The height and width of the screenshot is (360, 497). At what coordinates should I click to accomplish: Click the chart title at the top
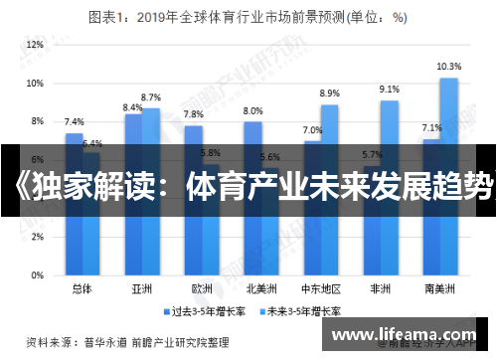tap(248, 16)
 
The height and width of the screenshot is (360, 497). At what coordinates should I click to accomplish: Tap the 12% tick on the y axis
tap(36, 45)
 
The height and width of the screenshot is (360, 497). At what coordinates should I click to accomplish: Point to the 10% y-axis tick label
tap(36, 84)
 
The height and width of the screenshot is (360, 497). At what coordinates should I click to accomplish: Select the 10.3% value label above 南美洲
tap(449, 66)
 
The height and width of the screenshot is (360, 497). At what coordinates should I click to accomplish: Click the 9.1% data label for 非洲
tap(390, 90)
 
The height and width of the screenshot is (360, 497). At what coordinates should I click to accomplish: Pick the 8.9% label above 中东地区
tap(330, 93)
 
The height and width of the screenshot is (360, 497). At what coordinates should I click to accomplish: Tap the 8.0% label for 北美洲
tap(252, 110)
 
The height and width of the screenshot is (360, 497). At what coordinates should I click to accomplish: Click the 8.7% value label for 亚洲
tap(151, 97)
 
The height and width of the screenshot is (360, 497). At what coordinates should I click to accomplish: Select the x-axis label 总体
tap(83, 289)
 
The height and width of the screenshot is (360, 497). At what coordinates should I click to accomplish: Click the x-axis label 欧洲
tap(202, 289)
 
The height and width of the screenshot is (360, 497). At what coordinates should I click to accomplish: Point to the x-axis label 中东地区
tap(321, 289)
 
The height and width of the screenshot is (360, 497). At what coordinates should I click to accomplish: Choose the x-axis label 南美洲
tap(440, 289)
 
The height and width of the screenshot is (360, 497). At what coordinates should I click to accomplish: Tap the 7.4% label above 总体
tap(74, 121)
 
